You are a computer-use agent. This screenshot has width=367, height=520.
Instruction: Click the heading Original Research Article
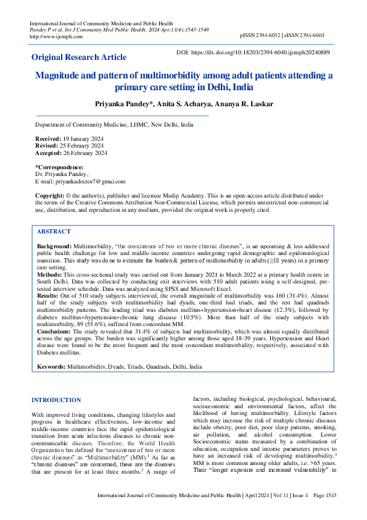click(79, 57)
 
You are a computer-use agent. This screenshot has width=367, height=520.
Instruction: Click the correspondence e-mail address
click(90, 182)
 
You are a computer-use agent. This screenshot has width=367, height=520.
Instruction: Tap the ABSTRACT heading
click(54, 231)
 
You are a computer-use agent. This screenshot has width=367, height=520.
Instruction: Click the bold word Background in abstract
click(54, 246)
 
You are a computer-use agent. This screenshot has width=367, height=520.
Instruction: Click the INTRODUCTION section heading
click(56, 400)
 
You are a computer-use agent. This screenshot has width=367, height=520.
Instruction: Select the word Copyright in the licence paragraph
click(50, 195)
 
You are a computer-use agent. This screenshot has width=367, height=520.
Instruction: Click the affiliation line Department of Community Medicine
click(113, 124)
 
